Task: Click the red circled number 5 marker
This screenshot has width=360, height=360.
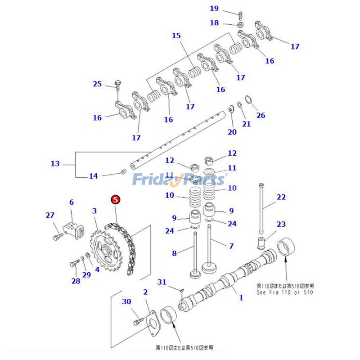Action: (x=115, y=199)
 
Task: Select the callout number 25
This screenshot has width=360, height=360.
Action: (x=98, y=84)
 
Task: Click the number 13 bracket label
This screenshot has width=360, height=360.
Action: (x=55, y=164)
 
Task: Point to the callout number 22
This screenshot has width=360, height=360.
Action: (x=281, y=197)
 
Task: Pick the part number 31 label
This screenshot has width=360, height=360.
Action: (x=162, y=282)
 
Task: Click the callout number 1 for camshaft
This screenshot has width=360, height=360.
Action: (x=241, y=297)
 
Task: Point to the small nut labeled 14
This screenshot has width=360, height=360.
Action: (x=123, y=172)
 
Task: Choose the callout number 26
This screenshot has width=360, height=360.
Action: (x=261, y=115)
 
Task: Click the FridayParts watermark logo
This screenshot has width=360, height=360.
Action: (x=179, y=180)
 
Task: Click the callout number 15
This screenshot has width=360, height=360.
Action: (x=176, y=36)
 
